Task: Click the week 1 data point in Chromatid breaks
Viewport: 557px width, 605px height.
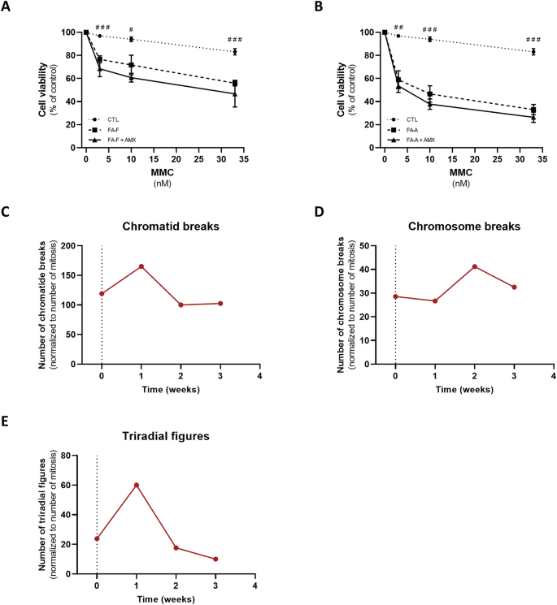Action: pos(141,266)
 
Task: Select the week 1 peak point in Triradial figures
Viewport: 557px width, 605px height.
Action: pos(137,485)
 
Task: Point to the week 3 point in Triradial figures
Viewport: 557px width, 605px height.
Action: pos(215,559)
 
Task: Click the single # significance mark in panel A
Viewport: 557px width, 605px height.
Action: pos(130,28)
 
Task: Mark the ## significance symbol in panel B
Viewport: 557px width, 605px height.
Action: pos(398,27)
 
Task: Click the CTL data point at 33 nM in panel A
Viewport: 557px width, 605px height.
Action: pos(234,51)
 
